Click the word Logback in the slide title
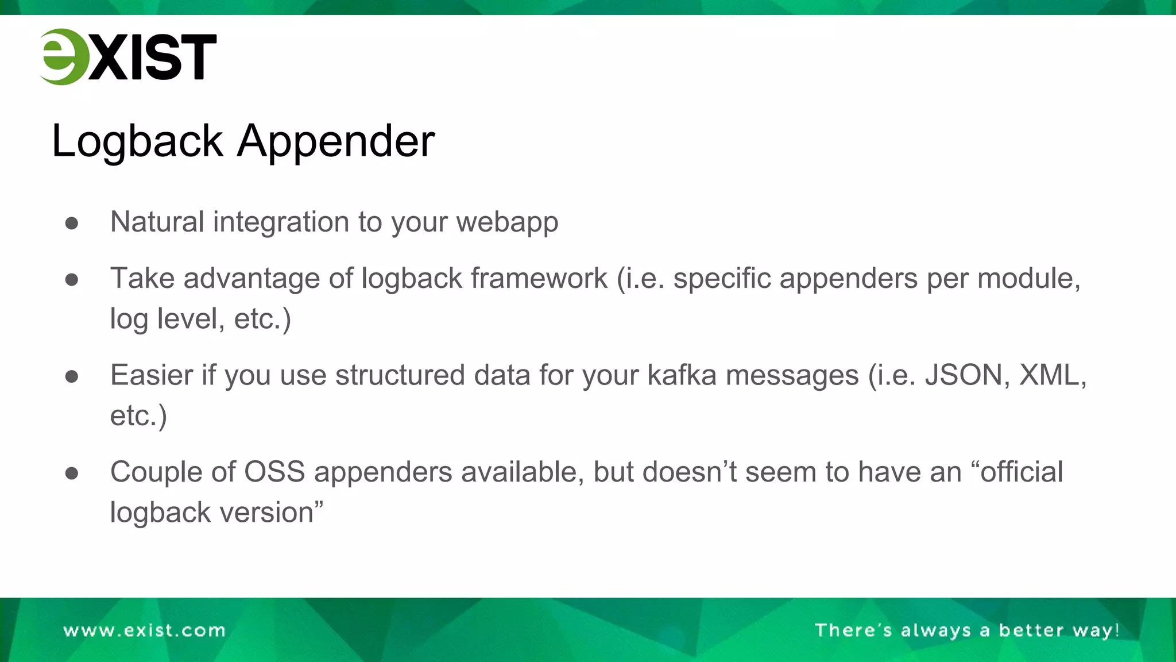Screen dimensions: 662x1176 pos(137,141)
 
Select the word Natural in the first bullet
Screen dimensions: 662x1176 pos(157,222)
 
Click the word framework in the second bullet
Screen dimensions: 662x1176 pos(539,279)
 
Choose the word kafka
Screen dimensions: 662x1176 pos(682,375)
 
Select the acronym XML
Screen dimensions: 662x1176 pos(1051,375)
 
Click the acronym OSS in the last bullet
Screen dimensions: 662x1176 pos(274,472)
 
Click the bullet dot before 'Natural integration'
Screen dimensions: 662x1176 pos(72,223)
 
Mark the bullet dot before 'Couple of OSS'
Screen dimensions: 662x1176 pos(72,473)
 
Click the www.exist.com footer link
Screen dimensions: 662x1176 pos(145,630)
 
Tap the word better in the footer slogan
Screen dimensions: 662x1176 pos(1031,630)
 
